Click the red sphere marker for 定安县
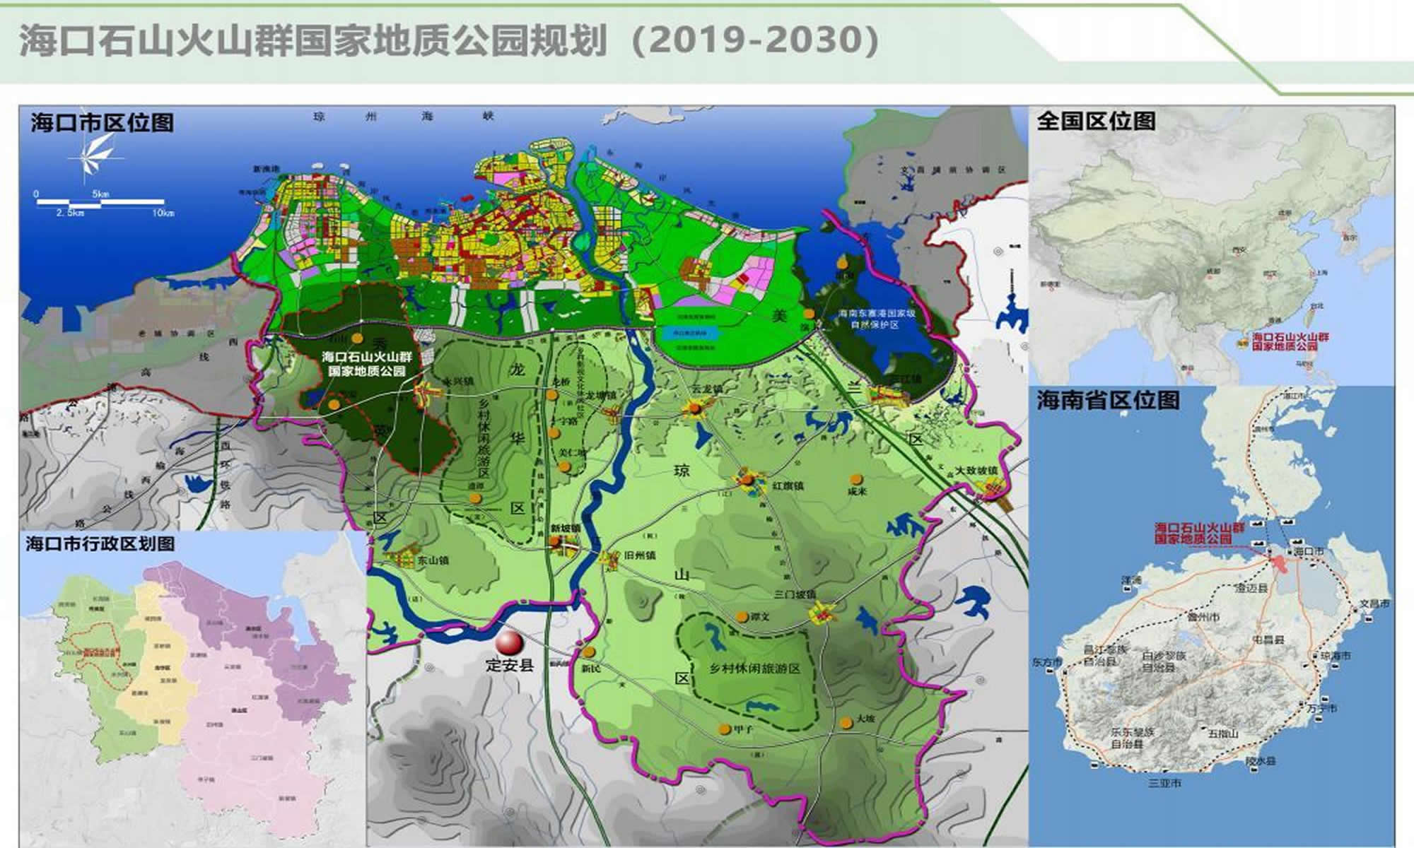tap(509, 644)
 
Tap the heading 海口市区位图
tap(102, 123)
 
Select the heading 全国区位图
tap(1095, 121)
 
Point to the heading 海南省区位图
tap(1108, 401)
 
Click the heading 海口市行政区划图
tap(100, 543)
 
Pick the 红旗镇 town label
tap(788, 486)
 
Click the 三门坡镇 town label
tap(796, 595)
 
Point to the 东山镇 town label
tap(433, 560)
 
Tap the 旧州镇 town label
tap(639, 555)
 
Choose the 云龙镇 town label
tap(708, 389)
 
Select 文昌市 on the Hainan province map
tap(1374, 604)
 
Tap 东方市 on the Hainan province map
tap(1046, 663)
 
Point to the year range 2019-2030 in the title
tap(754, 41)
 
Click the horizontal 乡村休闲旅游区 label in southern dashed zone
tap(755, 668)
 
